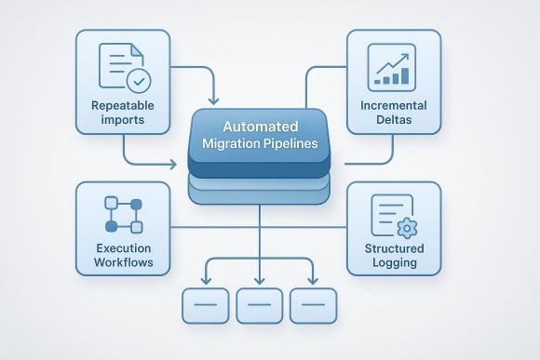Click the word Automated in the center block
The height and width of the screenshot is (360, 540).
coord(260,126)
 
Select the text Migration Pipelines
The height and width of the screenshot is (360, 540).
coord(260,144)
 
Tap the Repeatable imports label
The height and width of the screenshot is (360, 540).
coord(122,113)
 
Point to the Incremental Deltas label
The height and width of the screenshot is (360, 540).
coord(392,113)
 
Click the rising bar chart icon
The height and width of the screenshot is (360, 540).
coord(392,66)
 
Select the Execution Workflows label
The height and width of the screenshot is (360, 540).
coord(122,256)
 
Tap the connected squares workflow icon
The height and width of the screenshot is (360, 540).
coord(124,214)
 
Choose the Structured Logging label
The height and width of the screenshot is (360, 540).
coord(392,256)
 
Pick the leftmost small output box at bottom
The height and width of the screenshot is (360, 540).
coord(204,305)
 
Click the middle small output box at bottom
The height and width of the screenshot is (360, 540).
coord(260,305)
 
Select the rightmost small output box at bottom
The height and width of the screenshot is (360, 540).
coord(314,305)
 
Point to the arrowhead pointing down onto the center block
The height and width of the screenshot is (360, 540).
coord(215,99)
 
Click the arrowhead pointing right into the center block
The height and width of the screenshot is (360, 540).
coord(172,165)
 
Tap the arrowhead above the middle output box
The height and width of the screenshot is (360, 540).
coord(260,280)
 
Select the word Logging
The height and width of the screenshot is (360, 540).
coord(392,263)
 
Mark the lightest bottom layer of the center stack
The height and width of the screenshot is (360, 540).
coord(260,194)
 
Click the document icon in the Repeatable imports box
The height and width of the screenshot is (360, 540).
coord(118,68)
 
